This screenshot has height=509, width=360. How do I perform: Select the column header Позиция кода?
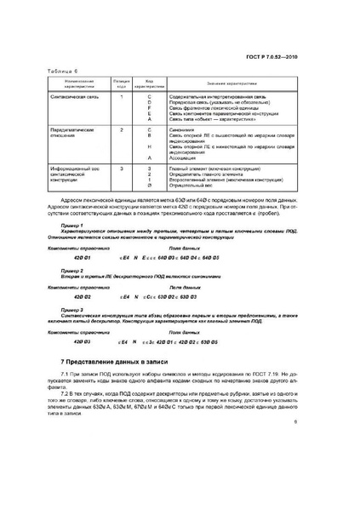(122, 86)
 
